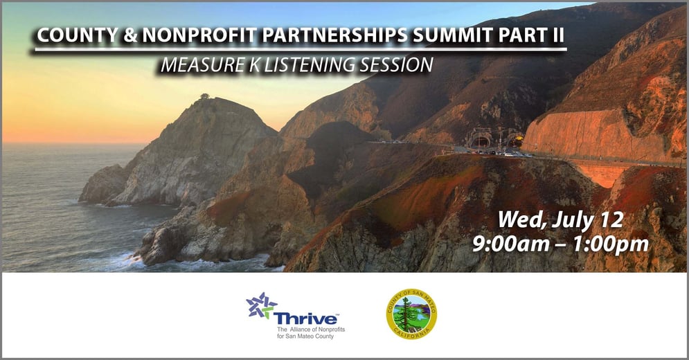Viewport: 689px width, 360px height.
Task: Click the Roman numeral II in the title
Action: (x=555, y=37)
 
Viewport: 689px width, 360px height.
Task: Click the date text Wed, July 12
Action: (x=561, y=221)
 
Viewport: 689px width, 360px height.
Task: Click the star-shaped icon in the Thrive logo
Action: (x=261, y=306)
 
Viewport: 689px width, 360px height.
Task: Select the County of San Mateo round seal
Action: (x=411, y=314)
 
